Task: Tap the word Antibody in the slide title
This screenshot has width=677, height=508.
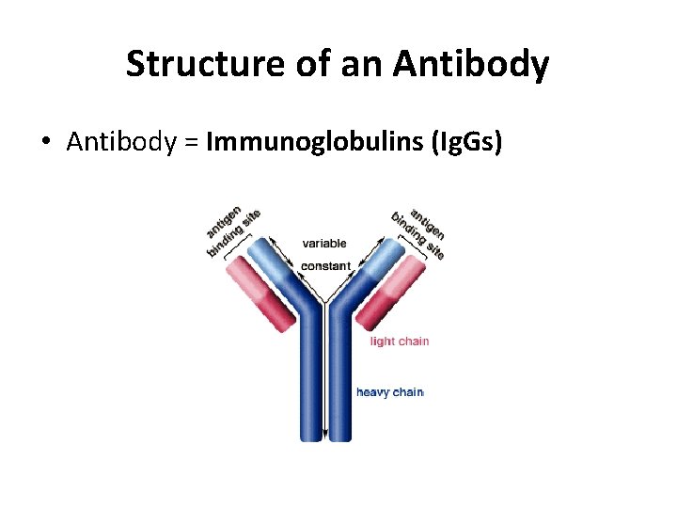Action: (x=471, y=65)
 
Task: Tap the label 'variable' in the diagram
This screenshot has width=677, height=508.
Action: (x=324, y=244)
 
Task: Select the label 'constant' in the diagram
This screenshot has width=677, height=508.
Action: (x=325, y=266)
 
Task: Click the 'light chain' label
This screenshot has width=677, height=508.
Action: (x=400, y=341)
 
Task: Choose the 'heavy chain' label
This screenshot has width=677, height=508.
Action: (x=390, y=392)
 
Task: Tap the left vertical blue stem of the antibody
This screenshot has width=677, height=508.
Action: (x=311, y=386)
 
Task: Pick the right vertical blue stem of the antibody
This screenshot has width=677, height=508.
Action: (x=338, y=386)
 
